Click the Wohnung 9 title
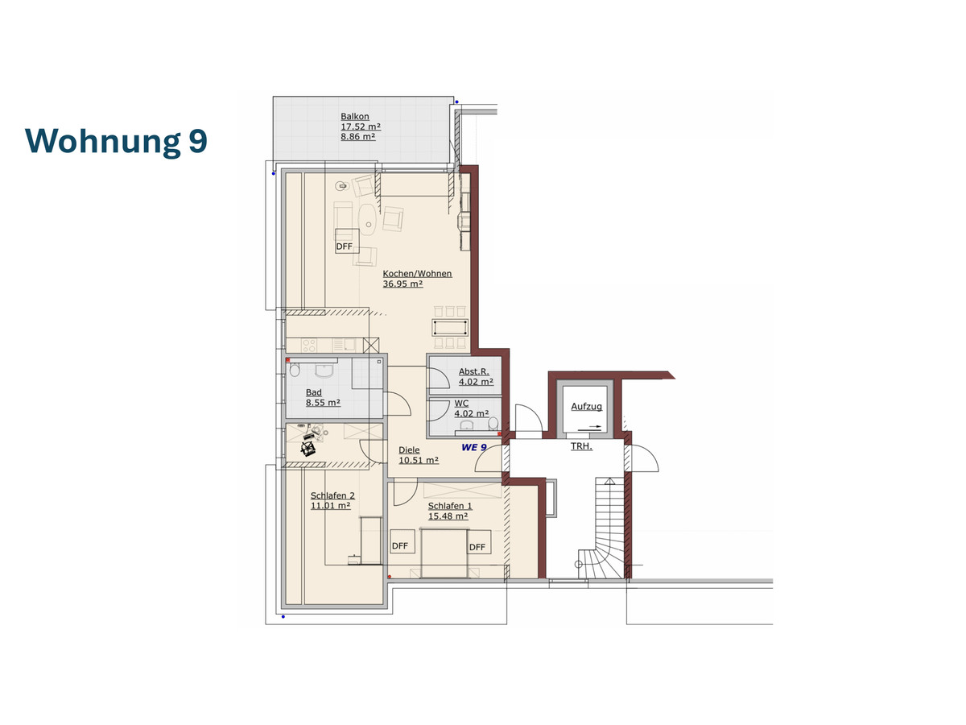pos(116,141)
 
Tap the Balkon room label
pos(355,116)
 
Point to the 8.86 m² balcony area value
pos(357,136)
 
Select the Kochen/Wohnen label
pos(417,273)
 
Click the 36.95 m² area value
pos(402,284)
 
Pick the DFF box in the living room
pos(347,241)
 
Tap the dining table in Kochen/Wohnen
pos(450,328)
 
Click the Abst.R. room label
pos(473,371)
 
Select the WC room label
pos(461,404)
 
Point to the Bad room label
pos(313,392)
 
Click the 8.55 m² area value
pos(323,402)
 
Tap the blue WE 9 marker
pos(473,447)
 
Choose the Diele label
pos(409,449)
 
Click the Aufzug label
pos(586,406)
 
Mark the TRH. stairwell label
pos(581,446)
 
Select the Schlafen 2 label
pos(332,495)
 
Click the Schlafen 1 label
pos(450,506)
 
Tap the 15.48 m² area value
pos(448,516)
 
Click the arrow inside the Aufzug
pos(590,427)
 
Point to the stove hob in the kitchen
pos(309,345)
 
